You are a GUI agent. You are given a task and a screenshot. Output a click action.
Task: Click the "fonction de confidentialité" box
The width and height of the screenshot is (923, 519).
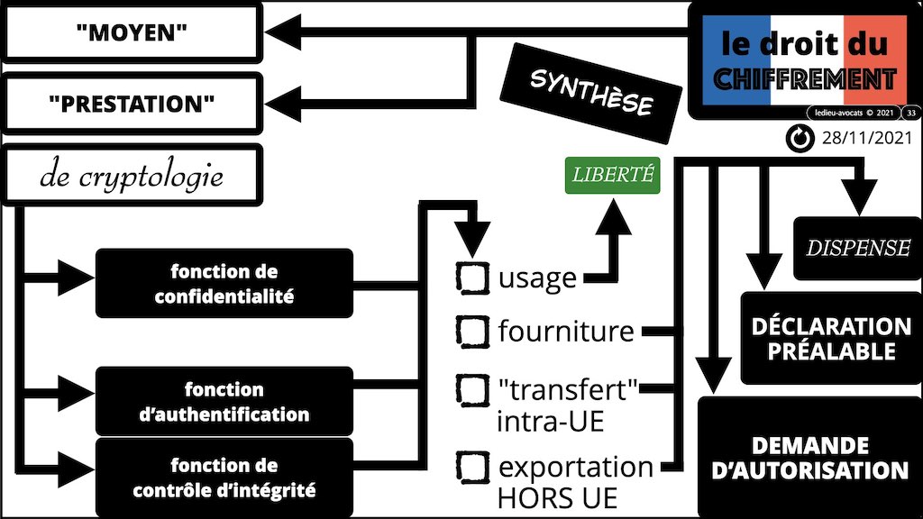point(224,283)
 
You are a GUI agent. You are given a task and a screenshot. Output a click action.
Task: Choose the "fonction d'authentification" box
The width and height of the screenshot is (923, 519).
point(224,402)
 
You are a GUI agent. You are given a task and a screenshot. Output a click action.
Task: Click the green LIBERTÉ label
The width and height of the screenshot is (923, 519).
point(612,176)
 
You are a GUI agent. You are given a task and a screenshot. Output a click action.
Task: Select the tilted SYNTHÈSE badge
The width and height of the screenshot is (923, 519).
point(590,94)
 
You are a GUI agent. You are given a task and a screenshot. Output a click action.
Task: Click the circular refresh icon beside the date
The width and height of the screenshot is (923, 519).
point(799,138)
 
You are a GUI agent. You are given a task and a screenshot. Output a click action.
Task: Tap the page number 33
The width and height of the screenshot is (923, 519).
point(911,113)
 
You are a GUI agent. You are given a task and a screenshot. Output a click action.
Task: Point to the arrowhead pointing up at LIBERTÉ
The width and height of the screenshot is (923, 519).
point(617,212)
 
